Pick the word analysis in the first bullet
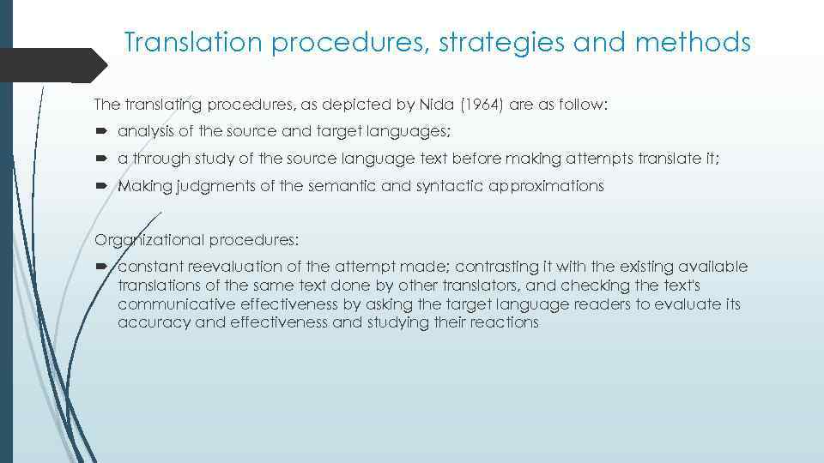[143, 132]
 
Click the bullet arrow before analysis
[101, 132]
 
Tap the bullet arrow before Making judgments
[101, 186]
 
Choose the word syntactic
[411, 186]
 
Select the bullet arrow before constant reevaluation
[101, 267]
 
